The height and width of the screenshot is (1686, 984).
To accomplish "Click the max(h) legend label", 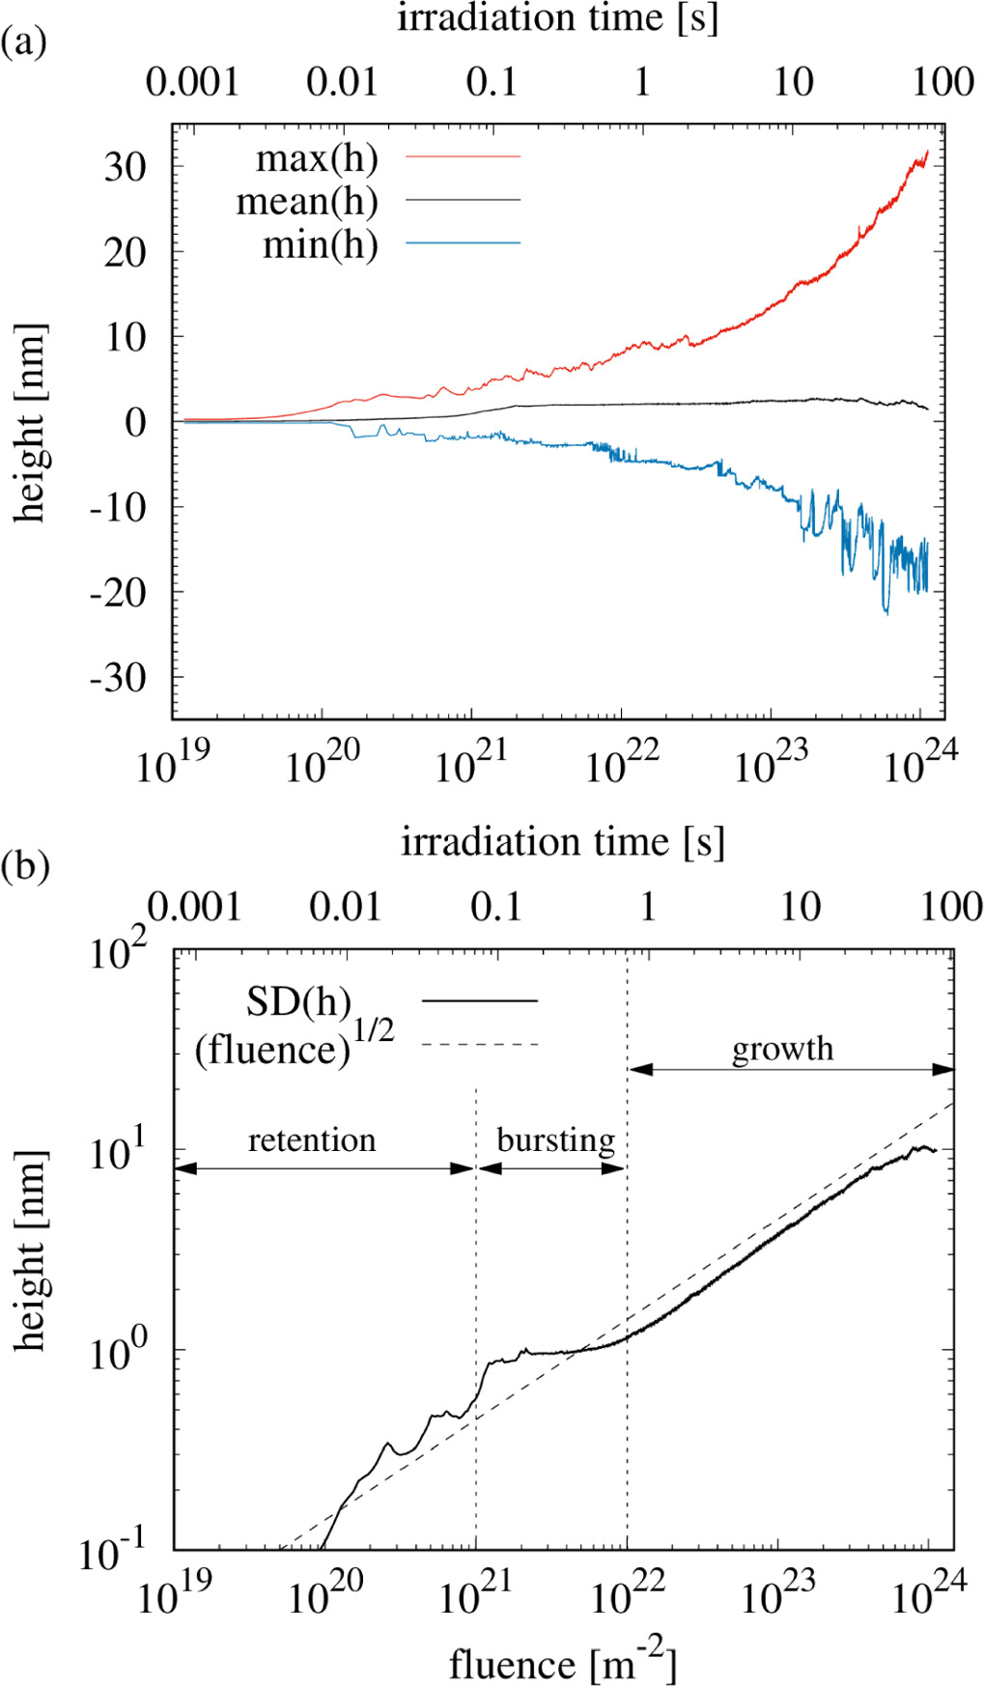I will (316, 158).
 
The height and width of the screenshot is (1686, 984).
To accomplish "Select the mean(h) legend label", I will (307, 201).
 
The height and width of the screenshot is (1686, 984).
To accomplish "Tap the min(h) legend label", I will (320, 244).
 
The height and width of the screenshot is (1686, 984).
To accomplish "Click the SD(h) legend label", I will (298, 1001).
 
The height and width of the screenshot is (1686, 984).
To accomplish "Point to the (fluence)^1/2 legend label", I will (294, 1046).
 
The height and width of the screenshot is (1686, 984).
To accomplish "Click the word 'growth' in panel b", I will (782, 1049).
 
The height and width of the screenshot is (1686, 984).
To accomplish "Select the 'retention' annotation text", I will (312, 1140).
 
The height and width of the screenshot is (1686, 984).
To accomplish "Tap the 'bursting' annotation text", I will (555, 1140).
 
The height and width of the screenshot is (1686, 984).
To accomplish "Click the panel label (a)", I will (24, 42).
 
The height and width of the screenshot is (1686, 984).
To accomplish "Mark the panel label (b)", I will (25, 865).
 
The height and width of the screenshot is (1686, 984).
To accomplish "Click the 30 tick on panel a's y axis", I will (126, 167).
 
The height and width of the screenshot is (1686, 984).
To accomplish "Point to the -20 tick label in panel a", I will (118, 592).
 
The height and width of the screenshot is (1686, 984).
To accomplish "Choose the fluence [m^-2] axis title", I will (563, 1662).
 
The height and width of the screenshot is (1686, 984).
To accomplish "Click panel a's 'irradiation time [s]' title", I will (558, 18).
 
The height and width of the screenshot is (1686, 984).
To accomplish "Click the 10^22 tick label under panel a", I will (622, 766).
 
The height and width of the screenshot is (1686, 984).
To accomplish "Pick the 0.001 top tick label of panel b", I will (194, 907).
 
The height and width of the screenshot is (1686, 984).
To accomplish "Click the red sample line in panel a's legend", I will (463, 155).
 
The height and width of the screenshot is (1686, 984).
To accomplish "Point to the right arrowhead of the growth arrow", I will (943, 1069).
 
